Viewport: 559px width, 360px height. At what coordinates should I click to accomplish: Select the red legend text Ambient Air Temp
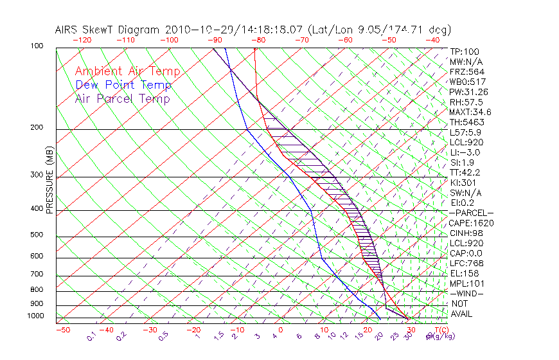click(127, 71)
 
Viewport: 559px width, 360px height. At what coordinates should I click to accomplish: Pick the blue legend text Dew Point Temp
click(123, 85)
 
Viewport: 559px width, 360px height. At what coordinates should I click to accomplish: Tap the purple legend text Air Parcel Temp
click(123, 98)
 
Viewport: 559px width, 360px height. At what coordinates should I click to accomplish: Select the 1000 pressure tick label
click(36, 316)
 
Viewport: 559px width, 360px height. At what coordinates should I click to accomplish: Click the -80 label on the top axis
click(258, 40)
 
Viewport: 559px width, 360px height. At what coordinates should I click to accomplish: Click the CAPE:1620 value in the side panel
click(471, 223)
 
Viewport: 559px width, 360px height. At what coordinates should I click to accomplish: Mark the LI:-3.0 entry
click(465, 152)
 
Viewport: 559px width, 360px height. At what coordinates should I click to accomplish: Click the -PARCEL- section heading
click(471, 213)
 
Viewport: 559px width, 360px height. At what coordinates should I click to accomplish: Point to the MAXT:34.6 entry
click(471, 113)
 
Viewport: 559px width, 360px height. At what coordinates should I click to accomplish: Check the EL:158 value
click(464, 273)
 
